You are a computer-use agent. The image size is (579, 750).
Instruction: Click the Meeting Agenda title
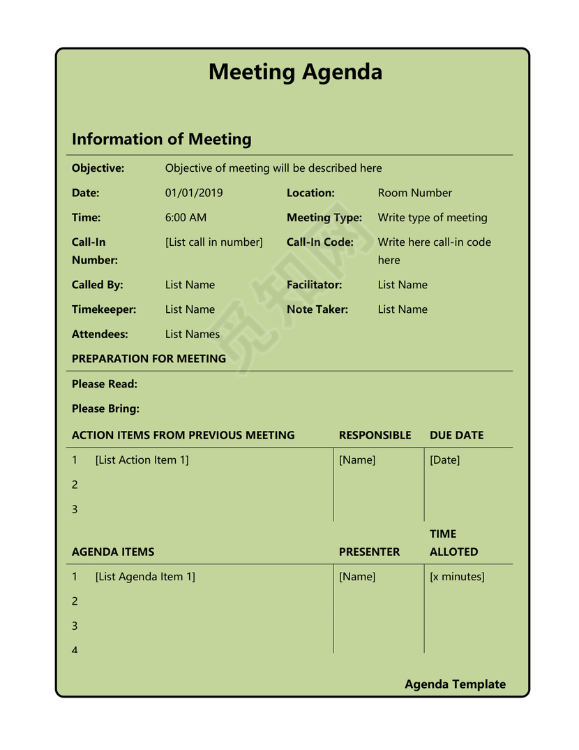(295, 72)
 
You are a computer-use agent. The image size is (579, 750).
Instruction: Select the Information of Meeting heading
(161, 139)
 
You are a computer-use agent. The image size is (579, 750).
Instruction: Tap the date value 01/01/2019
(194, 193)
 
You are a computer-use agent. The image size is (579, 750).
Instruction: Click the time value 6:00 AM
(186, 217)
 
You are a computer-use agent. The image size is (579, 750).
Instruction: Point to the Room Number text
(414, 193)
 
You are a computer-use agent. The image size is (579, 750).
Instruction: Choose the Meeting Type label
(324, 217)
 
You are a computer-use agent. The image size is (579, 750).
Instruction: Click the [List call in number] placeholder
(213, 242)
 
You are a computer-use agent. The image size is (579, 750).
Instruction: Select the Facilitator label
(314, 285)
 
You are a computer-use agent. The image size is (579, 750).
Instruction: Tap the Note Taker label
(317, 309)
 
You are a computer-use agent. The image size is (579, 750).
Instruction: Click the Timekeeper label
(103, 309)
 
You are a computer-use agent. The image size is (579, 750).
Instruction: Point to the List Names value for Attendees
(192, 334)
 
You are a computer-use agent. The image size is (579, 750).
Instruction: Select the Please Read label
(104, 384)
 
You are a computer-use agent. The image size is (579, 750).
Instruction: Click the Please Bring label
(105, 409)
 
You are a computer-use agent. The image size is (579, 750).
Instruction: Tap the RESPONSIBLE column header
(375, 435)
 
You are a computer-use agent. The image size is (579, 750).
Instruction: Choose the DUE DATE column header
(456, 435)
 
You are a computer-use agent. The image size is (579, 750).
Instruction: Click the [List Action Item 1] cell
(142, 460)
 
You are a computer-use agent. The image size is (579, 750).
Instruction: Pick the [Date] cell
(444, 460)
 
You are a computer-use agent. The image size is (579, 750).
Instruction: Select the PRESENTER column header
(369, 552)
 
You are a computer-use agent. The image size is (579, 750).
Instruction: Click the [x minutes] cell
(457, 577)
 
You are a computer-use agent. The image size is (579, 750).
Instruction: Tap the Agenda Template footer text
(455, 684)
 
